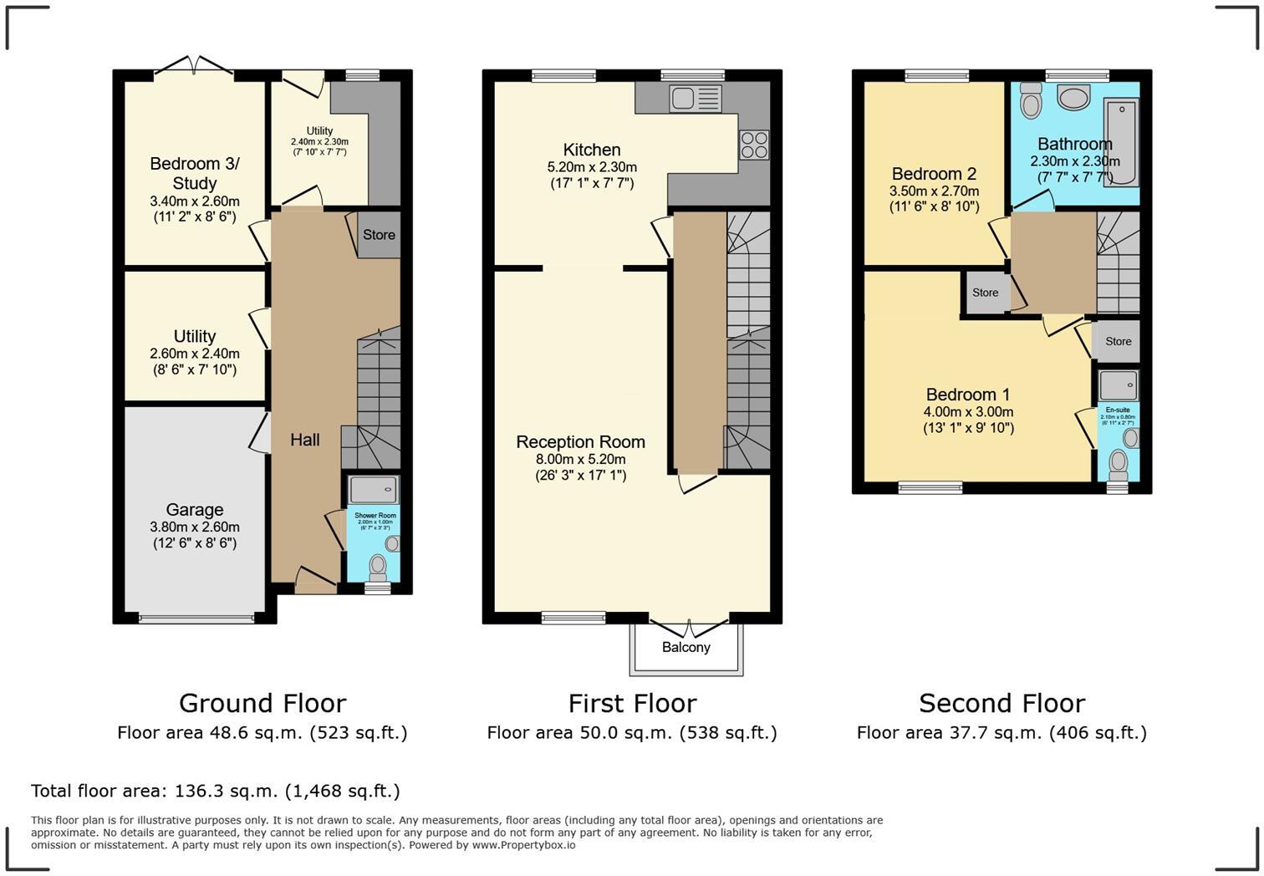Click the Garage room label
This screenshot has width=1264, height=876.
tap(194, 510)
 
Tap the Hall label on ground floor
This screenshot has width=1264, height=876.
tap(304, 440)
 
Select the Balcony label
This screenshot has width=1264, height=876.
tap(686, 647)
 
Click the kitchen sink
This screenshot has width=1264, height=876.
tap(695, 99)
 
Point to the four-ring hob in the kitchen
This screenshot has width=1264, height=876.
tap(753, 145)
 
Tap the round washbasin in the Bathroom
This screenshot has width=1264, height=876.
tap(1073, 98)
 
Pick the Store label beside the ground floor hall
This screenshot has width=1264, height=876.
tap(379, 235)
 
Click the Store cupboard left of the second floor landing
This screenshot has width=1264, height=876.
tap(985, 293)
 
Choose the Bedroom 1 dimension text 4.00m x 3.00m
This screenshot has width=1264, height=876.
tap(968, 412)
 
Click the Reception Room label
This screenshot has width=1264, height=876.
tap(580, 442)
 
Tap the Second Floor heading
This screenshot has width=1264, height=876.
tap(1002, 703)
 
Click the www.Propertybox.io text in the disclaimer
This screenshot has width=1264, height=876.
tap(523, 845)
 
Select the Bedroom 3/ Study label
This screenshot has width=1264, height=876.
tap(194, 173)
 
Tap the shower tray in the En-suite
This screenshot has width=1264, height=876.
tap(1118, 385)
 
